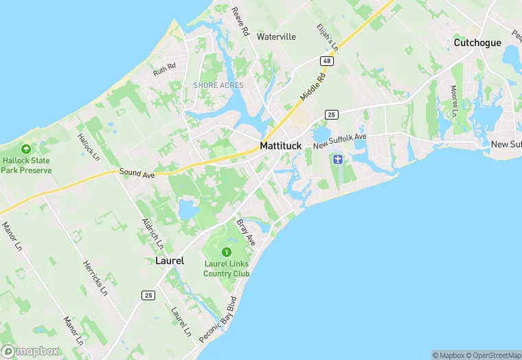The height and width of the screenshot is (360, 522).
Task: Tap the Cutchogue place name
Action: click(477, 43)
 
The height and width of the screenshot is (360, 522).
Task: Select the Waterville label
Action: click(276, 36)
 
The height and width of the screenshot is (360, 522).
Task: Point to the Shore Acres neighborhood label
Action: click(218, 85)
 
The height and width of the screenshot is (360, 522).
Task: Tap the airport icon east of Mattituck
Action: click(337, 160)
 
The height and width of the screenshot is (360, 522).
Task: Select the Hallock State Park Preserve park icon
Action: click(26, 149)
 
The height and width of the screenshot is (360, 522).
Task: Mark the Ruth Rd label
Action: click(165, 69)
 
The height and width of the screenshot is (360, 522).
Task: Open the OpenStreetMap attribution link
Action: click(493, 355)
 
